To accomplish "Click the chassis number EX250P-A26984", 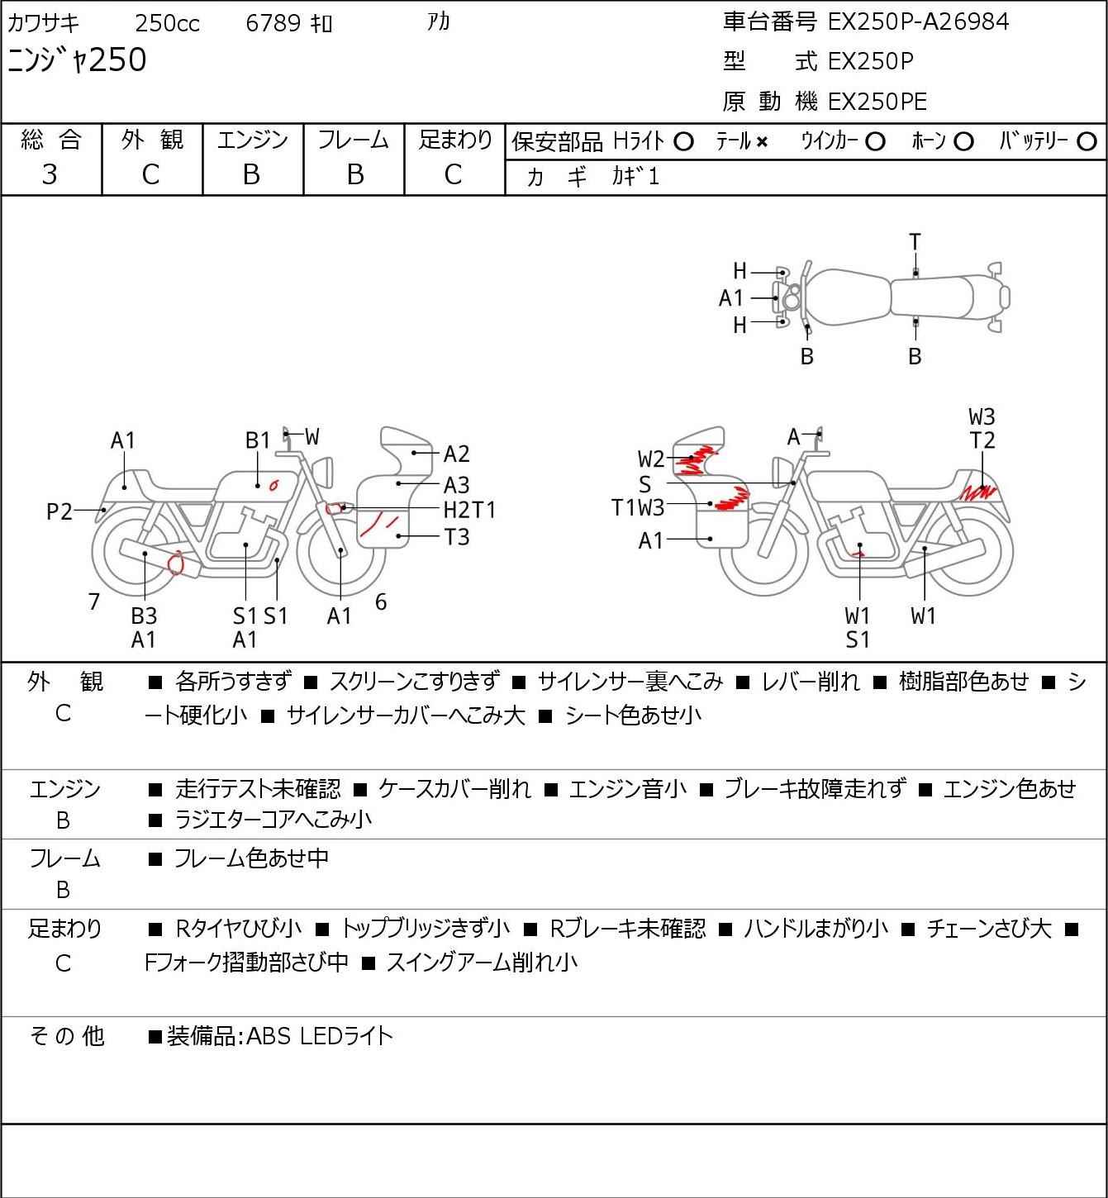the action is pyautogui.click(x=917, y=22).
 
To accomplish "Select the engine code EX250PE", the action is pyautogui.click(x=877, y=102).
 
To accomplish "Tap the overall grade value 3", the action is pyautogui.click(x=50, y=175).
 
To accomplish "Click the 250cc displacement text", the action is pyautogui.click(x=167, y=23).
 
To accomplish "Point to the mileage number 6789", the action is pyautogui.click(x=273, y=23).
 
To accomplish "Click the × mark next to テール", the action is pyautogui.click(x=762, y=142).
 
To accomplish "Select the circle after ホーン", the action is pyautogui.click(x=963, y=142).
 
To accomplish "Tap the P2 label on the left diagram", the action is pyautogui.click(x=59, y=511).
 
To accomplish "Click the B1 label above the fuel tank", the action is pyautogui.click(x=258, y=440).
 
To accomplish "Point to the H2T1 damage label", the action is pyautogui.click(x=469, y=511).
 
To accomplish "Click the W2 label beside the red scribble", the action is pyautogui.click(x=650, y=459).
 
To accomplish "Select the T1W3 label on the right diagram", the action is pyautogui.click(x=637, y=508).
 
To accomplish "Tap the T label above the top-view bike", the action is pyautogui.click(x=915, y=243).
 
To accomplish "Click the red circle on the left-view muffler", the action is pyautogui.click(x=176, y=563).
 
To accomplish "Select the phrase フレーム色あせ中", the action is pyautogui.click(x=251, y=858).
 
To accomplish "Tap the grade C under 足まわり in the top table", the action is pyautogui.click(x=454, y=175).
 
